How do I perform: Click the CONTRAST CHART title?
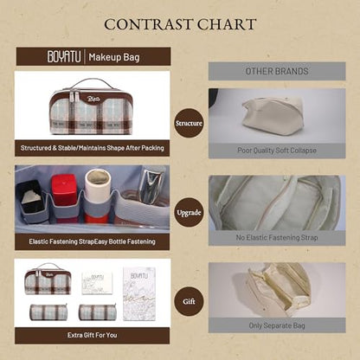tap(180, 24)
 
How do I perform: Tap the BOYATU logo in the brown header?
tap(64, 56)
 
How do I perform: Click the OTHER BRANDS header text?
tap(277, 71)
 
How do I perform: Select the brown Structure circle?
tap(189, 123)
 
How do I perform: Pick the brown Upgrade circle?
tap(189, 213)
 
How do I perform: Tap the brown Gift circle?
tap(189, 301)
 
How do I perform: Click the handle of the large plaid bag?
tap(91, 83)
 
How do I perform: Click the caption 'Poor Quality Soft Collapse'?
tap(277, 151)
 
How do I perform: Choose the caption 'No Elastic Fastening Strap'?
tap(277, 238)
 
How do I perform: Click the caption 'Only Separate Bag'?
tap(277, 325)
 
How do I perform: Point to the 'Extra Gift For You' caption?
tap(93, 335)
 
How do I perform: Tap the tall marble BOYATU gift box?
tap(139, 294)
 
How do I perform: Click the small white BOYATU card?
tap(97, 283)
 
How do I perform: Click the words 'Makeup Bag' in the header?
tap(114, 57)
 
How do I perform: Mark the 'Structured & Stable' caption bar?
tap(93, 148)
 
